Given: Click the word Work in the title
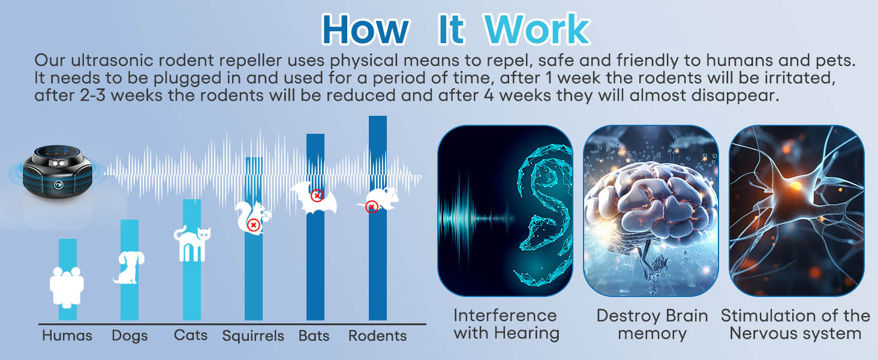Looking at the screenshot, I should click(x=537, y=29).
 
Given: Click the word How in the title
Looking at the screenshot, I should click(x=365, y=29).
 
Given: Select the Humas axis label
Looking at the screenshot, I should click(x=67, y=335).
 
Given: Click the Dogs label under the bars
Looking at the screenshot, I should click(x=130, y=335).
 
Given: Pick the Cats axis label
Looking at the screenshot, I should click(x=191, y=335).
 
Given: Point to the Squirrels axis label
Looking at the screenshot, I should click(x=253, y=335).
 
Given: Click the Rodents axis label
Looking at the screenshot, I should click(x=378, y=335).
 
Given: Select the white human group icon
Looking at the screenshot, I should click(x=67, y=287).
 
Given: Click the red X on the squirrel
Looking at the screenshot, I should click(x=254, y=225).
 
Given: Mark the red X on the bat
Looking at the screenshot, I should click(x=317, y=195).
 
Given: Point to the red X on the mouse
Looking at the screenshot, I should click(x=372, y=207).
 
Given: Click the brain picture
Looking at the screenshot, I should click(x=651, y=210).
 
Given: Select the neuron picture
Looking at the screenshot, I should click(x=796, y=210).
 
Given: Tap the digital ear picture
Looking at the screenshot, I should click(x=505, y=210).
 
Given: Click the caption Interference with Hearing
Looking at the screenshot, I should click(x=505, y=324).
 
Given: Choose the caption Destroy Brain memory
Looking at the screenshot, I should click(x=652, y=324).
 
